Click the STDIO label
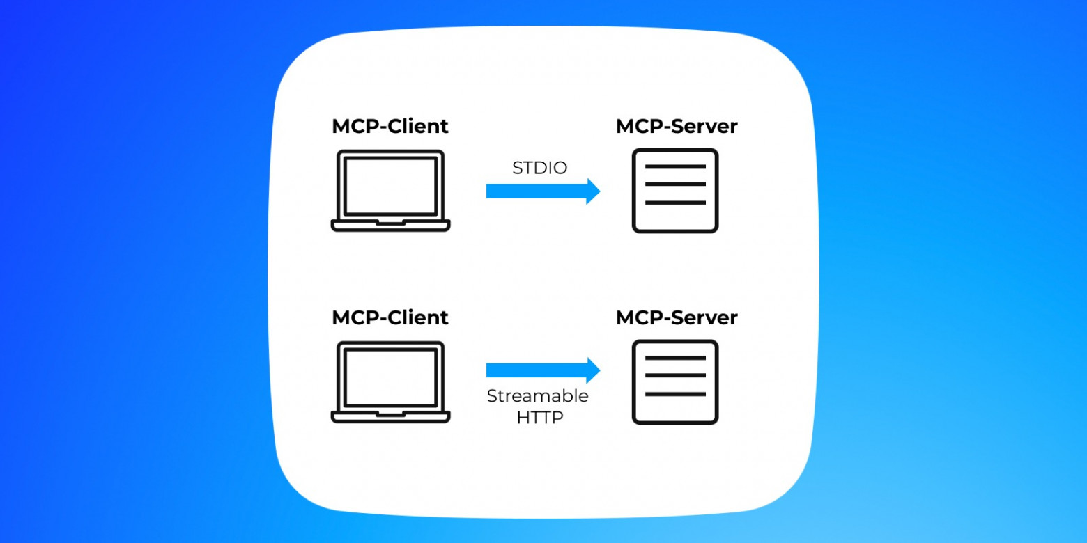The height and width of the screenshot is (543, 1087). tap(539, 168)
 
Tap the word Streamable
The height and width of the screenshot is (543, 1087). tap(537, 396)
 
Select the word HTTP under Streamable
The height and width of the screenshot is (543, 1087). tap(539, 418)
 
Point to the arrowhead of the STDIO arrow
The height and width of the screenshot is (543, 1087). tap(593, 191)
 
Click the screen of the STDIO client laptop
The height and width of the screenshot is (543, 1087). tap(390, 185)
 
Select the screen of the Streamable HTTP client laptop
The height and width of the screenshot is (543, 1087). tap(390, 377)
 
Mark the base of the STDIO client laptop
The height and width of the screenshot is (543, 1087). tap(390, 226)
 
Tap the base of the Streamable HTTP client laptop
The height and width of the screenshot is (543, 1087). tap(390, 417)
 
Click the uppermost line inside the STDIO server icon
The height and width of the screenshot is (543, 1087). tap(675, 167)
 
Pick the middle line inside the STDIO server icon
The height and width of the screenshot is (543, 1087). tap(675, 184)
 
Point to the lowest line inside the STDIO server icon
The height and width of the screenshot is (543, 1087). tap(675, 203)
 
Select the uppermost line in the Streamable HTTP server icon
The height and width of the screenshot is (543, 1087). tap(675, 358)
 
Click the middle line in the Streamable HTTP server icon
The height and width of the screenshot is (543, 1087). tap(675, 376)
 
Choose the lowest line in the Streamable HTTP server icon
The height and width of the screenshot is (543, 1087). tap(675, 394)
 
